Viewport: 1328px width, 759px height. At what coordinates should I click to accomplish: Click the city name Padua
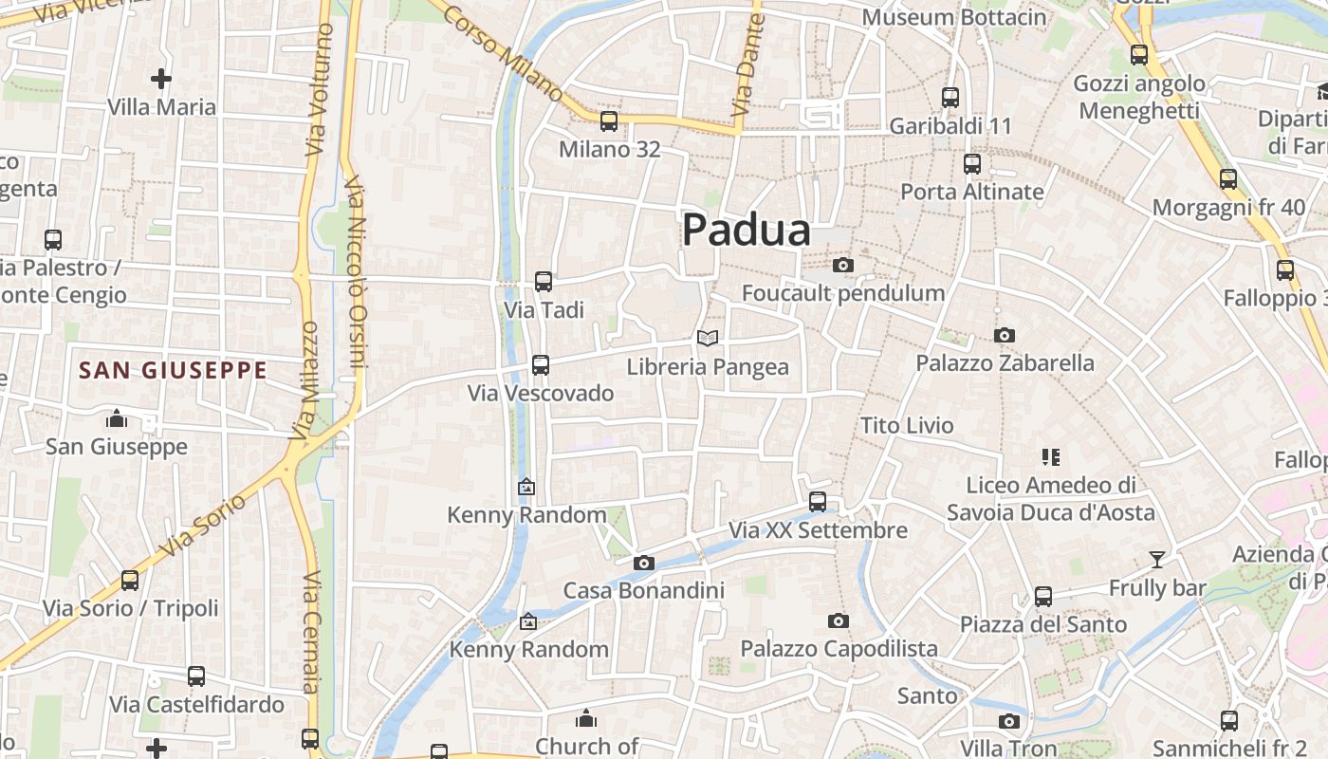pos(747,231)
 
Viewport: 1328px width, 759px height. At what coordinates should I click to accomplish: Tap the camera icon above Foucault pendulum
pos(842,266)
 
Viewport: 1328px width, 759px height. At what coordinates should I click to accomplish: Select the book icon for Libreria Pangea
pos(708,338)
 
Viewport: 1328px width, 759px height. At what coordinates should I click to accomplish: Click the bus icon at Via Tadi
pos(543,282)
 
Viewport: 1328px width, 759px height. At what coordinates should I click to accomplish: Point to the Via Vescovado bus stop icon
pos(540,364)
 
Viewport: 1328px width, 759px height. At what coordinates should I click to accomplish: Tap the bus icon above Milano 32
pos(609,121)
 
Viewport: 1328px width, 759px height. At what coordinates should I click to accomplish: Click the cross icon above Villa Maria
pos(161,79)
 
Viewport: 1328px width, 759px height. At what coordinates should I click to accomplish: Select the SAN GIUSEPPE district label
pos(173,370)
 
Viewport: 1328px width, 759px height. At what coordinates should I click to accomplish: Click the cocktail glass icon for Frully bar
pos(1156,560)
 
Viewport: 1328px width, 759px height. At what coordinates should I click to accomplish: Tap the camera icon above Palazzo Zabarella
pos(1004,335)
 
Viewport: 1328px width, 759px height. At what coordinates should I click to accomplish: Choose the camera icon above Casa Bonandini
pos(643,563)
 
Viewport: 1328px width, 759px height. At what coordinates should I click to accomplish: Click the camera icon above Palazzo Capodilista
pos(838,621)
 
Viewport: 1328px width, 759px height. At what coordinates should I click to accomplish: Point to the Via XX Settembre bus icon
pos(818,502)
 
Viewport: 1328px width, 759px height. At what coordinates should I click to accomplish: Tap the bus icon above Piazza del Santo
pos(1043,597)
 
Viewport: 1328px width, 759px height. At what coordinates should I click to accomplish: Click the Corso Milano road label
pos(504,53)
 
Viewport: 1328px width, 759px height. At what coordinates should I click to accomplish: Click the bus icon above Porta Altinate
pos(971,164)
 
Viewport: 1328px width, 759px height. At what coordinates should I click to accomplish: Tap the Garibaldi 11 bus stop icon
pos(950,98)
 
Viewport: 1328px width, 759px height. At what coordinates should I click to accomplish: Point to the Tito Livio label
pos(907,426)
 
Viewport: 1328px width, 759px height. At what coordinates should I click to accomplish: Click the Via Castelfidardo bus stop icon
pos(195,676)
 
